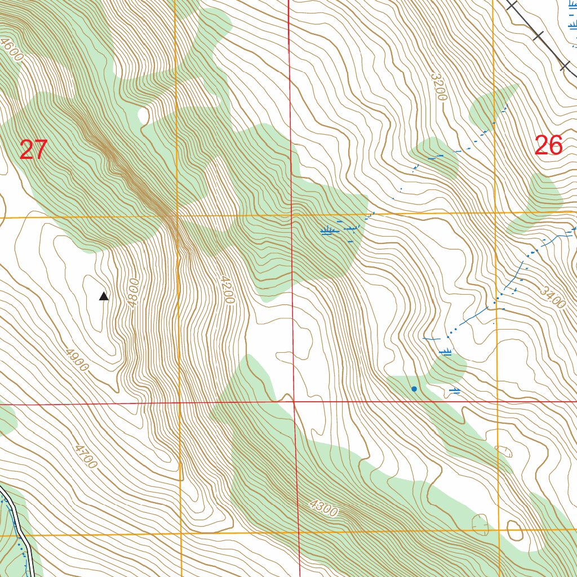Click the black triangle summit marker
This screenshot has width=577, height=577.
[x=104, y=296]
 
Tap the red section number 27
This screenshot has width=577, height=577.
[x=33, y=150]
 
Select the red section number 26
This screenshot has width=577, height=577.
[x=548, y=146]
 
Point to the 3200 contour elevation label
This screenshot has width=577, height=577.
[x=438, y=86]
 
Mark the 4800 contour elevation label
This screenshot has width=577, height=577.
[x=133, y=292]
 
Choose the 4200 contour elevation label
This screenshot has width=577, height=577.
[x=227, y=290]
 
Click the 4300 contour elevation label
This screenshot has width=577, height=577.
[x=323, y=508]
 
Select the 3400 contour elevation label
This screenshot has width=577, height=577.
[x=552, y=297]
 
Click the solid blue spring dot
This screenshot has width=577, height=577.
[x=414, y=389]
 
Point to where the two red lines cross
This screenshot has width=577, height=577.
[x=293, y=401]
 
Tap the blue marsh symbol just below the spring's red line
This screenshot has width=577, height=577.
[x=455, y=390]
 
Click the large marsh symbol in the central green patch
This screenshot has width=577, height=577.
[x=327, y=230]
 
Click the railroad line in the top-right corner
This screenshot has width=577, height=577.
[x=538, y=36]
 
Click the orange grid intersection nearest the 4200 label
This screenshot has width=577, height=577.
[x=177, y=215]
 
